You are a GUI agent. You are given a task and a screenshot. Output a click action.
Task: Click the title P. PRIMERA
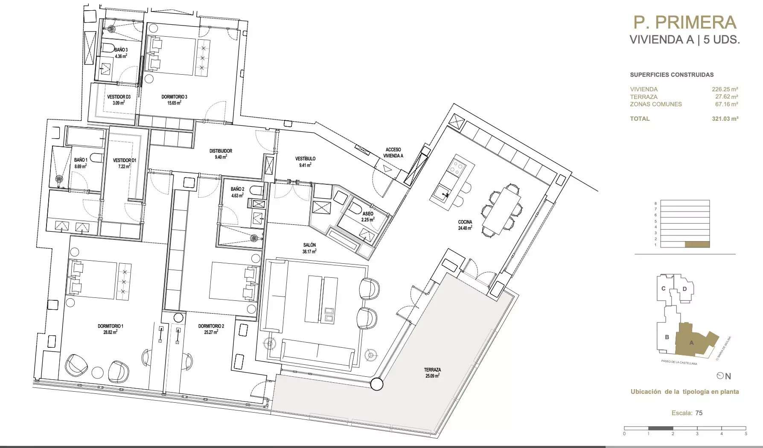685,22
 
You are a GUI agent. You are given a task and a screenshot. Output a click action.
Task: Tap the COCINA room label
465,222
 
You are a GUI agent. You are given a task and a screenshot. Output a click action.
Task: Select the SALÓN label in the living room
309,245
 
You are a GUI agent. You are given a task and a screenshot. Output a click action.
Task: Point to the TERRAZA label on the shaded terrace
432,370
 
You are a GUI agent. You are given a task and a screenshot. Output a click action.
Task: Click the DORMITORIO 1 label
111,326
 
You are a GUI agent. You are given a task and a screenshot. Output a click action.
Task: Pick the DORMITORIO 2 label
211,326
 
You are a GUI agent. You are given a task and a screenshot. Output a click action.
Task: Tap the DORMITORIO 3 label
174,97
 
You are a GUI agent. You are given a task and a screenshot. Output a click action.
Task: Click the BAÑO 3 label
121,50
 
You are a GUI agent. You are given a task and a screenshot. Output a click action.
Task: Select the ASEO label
368,214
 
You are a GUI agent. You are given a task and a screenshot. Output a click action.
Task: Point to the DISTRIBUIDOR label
221,151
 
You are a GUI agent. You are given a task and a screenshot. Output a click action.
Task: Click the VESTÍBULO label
306,159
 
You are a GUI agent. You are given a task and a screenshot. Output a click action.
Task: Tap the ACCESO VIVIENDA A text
393,153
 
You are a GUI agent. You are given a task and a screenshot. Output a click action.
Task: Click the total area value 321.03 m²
725,119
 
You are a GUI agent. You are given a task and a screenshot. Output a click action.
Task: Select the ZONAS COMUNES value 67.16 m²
726,104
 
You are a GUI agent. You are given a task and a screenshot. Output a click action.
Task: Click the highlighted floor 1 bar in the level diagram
697,245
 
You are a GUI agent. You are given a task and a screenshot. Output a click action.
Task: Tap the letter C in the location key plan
664,288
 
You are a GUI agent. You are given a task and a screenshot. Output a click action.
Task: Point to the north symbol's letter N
728,376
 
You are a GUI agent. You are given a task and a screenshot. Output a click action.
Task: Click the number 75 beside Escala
699,413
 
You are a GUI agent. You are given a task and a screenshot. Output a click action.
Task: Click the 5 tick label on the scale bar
746,433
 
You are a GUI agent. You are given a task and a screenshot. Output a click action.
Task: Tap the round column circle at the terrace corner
376,384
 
